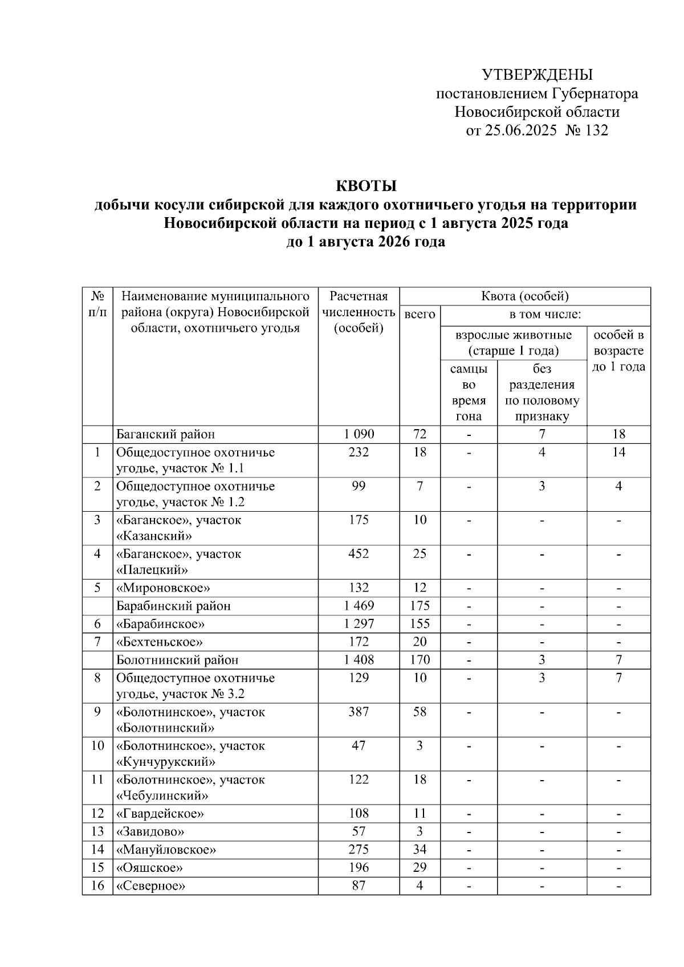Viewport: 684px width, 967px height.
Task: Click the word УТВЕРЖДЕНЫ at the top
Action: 537,75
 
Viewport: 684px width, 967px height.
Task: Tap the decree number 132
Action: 597,130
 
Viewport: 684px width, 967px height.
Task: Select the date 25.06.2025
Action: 520,130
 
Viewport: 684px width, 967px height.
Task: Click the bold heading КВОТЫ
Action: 365,186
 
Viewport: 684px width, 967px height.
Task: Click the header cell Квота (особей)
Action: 525,296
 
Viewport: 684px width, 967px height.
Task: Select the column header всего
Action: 420,315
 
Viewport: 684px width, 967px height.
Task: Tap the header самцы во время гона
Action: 469,393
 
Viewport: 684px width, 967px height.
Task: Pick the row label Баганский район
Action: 166,434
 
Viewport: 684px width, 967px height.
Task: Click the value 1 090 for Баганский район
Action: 359,434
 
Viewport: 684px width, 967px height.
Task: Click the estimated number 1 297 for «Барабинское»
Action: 359,624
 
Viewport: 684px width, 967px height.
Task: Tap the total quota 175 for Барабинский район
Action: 420,606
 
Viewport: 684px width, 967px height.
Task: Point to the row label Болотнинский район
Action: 177,660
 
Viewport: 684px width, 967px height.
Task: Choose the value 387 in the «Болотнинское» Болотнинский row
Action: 359,712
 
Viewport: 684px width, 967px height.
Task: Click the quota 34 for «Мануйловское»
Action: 420,850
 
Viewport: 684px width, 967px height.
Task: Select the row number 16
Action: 97,886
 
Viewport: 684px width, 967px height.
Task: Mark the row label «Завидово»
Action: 150,831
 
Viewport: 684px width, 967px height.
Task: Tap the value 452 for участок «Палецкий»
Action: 359,554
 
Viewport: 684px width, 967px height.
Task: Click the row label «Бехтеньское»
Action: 160,642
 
